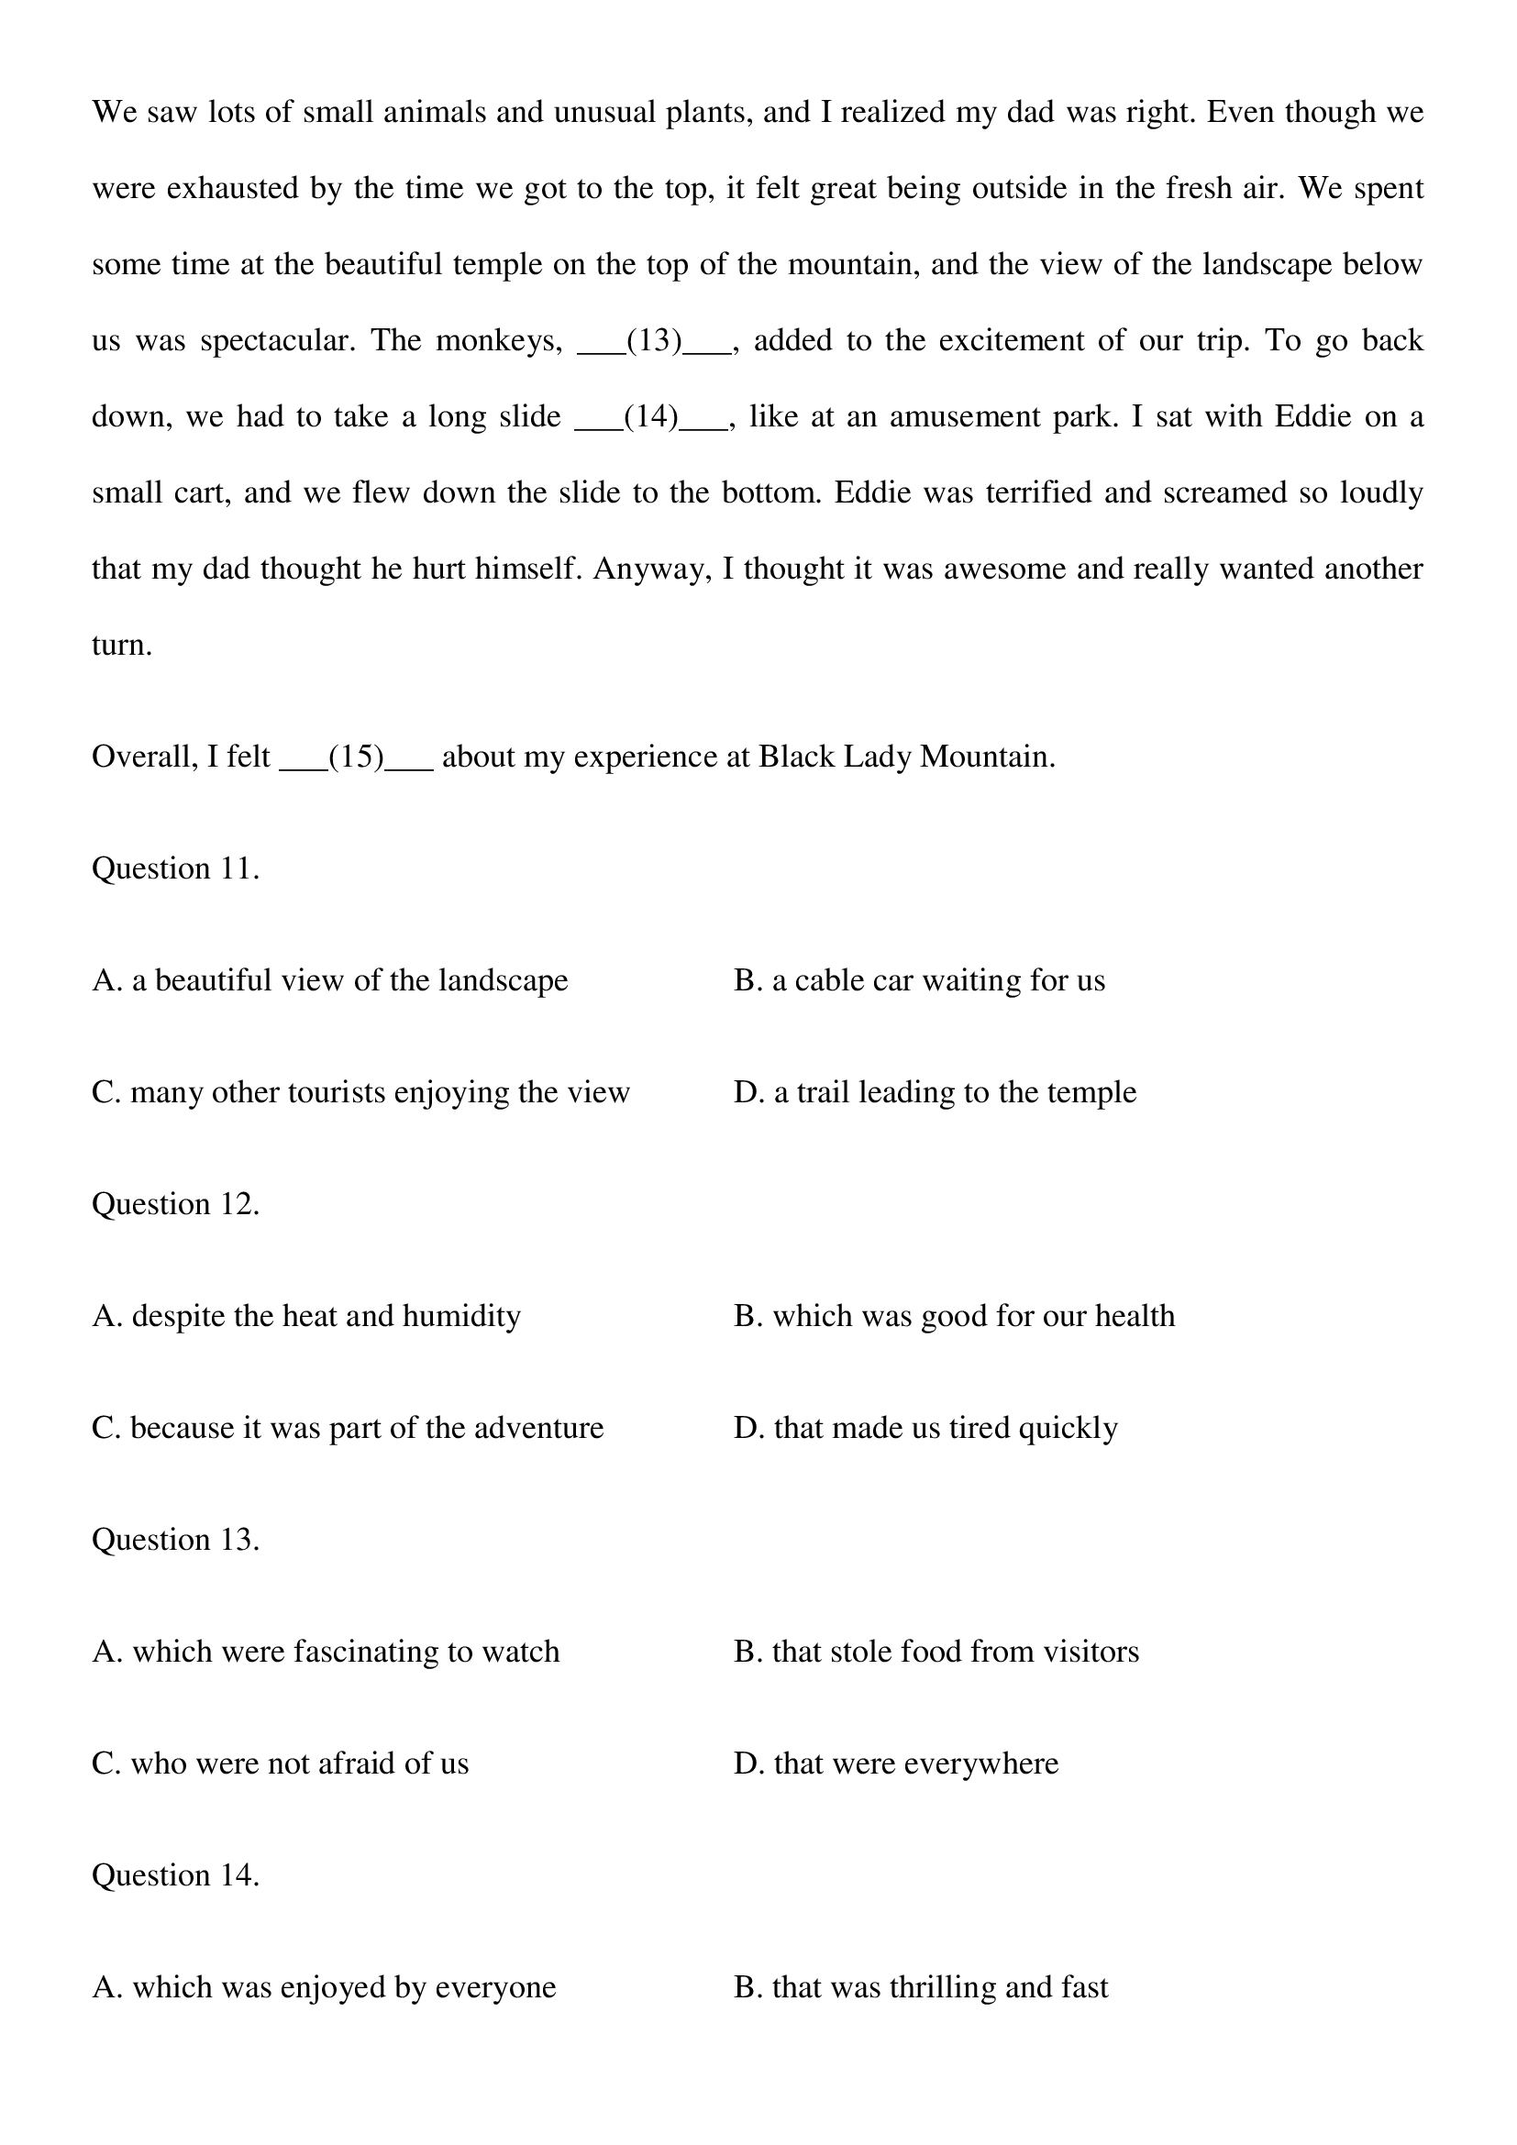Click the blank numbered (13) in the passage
(x=654, y=341)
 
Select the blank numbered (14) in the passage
(x=650, y=416)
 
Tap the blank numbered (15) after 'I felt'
(x=356, y=757)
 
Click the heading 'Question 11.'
(x=175, y=868)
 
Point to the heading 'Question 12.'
(x=175, y=1204)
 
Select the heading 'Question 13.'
(x=175, y=1540)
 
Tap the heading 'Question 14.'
(x=175, y=1875)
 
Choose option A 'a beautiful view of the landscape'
(x=330, y=981)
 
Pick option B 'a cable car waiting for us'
(x=919, y=981)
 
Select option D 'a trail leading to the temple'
(x=935, y=1092)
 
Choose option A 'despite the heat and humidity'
(x=306, y=1316)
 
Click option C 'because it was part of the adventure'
(x=348, y=1428)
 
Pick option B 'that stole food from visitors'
(x=936, y=1652)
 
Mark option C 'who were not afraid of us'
(x=281, y=1764)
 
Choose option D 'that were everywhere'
(x=896, y=1764)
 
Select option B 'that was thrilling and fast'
(x=921, y=1987)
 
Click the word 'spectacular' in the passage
(x=276, y=341)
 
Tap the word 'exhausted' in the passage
(x=234, y=189)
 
